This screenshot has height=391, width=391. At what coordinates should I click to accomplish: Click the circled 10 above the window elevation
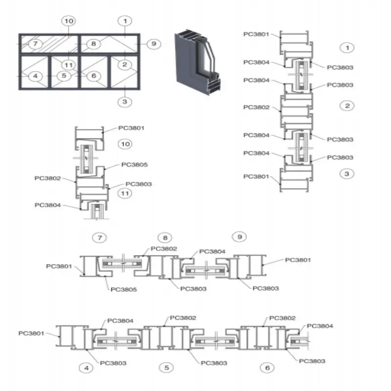pyautogui.click(x=69, y=21)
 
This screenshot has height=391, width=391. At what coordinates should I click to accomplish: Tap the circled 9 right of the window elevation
pyautogui.click(x=154, y=44)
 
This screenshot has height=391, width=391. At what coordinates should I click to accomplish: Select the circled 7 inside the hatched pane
pyautogui.click(x=35, y=44)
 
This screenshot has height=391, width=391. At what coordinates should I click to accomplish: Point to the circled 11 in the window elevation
pyautogui.click(x=68, y=65)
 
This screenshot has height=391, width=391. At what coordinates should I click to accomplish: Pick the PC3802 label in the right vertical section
pyautogui.click(x=256, y=107)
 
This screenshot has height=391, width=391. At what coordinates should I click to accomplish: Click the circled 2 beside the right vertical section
pyautogui.click(x=347, y=106)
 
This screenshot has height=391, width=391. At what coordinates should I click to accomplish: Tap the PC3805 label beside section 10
pyautogui.click(x=134, y=165)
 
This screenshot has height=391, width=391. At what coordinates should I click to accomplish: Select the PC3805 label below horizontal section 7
pyautogui.click(x=124, y=289)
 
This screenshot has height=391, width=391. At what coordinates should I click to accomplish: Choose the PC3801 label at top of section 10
pyautogui.click(x=131, y=128)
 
